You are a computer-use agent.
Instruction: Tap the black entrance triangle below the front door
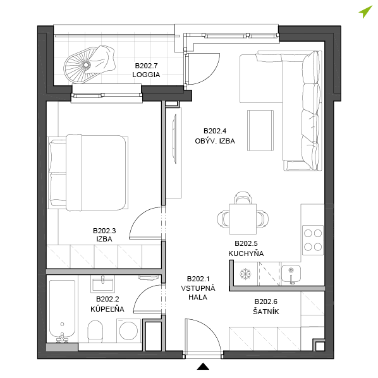click(x=203, y=366)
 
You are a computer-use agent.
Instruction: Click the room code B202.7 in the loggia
click(x=146, y=66)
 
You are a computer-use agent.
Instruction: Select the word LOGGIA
click(x=146, y=75)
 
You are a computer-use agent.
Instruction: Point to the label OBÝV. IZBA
click(x=215, y=141)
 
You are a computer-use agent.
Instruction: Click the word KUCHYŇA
click(x=246, y=253)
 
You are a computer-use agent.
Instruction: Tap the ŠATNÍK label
click(x=266, y=312)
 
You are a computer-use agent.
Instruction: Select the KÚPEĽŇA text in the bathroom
click(x=107, y=309)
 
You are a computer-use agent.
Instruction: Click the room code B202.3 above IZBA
click(x=104, y=231)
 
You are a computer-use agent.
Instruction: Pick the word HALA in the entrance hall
click(x=198, y=297)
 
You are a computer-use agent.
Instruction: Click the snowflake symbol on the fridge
click(x=245, y=274)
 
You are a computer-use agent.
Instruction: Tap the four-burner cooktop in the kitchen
click(x=313, y=240)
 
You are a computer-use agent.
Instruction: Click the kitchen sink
click(x=291, y=274)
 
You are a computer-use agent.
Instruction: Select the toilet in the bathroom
click(x=95, y=331)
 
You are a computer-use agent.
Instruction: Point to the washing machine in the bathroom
click(x=128, y=331)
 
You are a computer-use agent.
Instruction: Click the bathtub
click(x=62, y=311)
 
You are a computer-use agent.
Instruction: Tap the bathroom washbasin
click(x=102, y=284)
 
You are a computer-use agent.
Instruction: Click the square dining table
click(x=243, y=219)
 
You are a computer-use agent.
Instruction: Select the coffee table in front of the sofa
click(x=260, y=130)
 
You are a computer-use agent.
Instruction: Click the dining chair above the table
click(x=243, y=198)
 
